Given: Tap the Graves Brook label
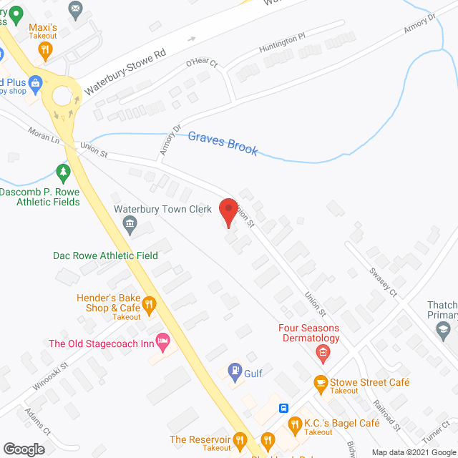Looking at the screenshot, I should click(223, 142).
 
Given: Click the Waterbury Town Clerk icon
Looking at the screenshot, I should click(131, 226).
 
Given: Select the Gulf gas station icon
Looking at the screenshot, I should click(233, 370).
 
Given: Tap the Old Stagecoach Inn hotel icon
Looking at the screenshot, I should click(164, 343).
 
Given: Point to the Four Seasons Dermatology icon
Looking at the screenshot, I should click(323, 352).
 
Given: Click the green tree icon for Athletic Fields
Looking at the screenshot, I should click(64, 172).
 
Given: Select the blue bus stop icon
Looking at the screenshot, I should click(284, 409).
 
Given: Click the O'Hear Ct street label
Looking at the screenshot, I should click(201, 62).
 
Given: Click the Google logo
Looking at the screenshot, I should click(24, 449).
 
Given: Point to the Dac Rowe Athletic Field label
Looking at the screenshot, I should click(106, 255).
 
